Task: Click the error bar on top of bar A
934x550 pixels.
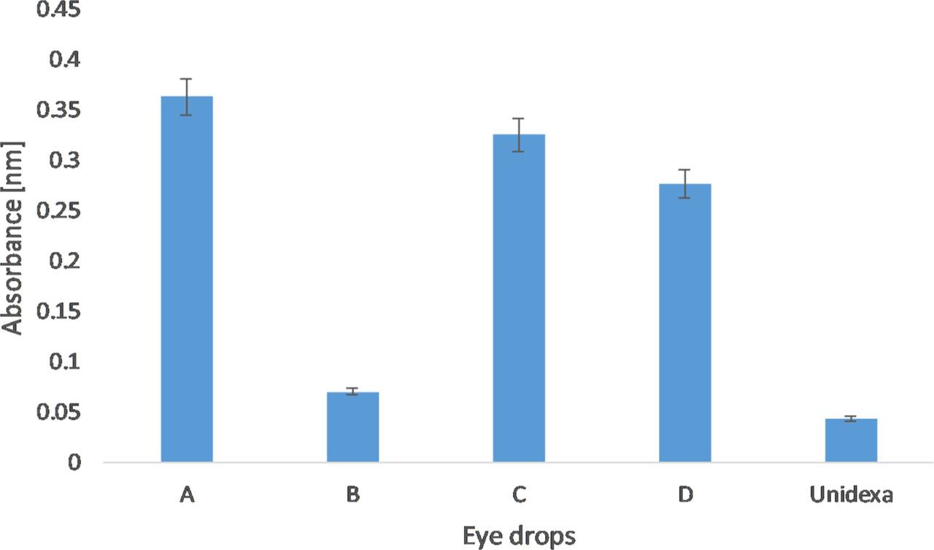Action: click(x=187, y=96)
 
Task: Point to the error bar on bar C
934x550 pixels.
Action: click(x=519, y=134)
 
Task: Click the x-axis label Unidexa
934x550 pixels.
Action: click(x=851, y=495)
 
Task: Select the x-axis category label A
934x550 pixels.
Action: click(x=187, y=495)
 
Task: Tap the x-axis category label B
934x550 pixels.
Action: click(x=352, y=495)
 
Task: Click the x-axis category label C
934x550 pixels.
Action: click(x=519, y=495)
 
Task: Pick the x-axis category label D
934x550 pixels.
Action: click(x=684, y=495)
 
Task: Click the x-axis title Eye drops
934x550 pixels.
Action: click(x=519, y=537)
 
